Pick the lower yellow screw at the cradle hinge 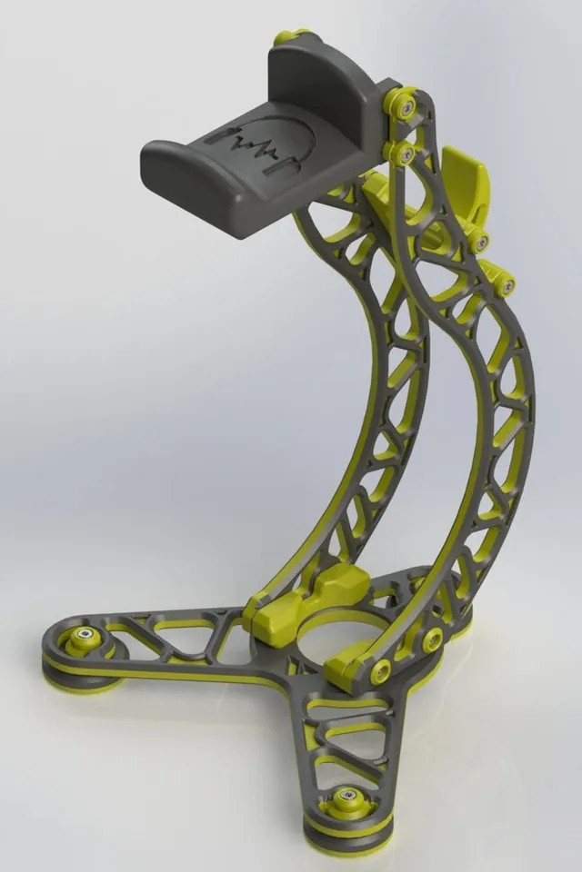click(402, 154)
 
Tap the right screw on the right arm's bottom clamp click(433, 638)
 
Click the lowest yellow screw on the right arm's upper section click(506, 286)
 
